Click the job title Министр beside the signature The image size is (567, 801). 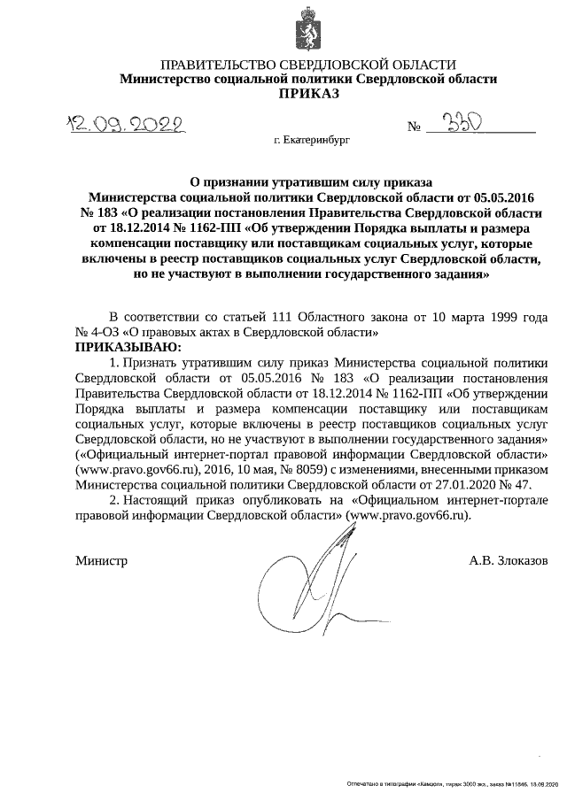click(102, 561)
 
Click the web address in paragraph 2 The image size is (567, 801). click(410, 514)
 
